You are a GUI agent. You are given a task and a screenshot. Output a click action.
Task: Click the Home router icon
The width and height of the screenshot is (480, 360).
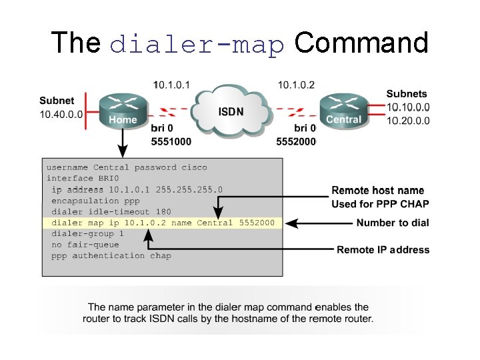pos(123,109)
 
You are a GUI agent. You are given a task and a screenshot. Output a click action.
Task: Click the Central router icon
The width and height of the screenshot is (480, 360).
pos(343,109)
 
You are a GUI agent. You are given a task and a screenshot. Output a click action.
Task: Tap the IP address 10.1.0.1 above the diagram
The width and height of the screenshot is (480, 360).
pos(171,85)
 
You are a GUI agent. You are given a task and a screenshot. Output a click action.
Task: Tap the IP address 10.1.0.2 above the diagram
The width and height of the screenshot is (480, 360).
pos(296,85)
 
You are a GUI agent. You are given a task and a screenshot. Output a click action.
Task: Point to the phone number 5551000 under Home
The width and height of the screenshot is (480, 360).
pos(171,141)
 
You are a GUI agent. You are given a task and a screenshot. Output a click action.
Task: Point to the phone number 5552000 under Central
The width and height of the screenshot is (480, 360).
pos(296,141)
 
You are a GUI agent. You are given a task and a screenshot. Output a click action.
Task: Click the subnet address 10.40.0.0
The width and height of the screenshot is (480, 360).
pos(61,114)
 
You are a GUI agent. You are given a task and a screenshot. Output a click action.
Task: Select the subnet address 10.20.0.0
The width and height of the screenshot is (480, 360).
pos(408,121)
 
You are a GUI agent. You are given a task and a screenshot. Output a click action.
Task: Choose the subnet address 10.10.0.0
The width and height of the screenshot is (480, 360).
pos(408,107)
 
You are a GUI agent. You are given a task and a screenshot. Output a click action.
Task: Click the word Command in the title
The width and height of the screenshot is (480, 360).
pos(361,43)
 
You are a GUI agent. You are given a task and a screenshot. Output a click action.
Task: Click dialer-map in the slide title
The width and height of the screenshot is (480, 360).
pos(197,44)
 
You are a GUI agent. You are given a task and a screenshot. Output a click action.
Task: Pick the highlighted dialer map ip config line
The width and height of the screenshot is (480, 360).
pos(163,223)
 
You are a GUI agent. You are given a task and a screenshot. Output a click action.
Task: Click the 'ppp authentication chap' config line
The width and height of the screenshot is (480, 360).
pos(111,255)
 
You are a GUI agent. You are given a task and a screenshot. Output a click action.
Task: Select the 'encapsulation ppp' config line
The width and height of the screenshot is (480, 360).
pos(95,201)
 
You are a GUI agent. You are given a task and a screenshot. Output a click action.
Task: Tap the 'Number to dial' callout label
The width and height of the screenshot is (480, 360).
pos(393,223)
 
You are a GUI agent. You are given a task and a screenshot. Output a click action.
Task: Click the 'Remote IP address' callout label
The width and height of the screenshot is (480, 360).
pos(383,250)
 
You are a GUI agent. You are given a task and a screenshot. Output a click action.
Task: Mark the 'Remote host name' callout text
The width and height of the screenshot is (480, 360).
pos(377,191)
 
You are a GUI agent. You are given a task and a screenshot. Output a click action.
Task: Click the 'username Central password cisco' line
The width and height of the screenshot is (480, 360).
pos(127,167)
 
